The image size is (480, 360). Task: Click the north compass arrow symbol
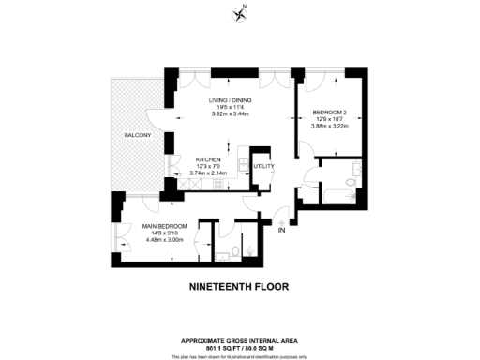(x=240, y=12)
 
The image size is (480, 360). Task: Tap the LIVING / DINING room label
(x=231, y=101)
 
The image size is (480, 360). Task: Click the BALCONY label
(x=137, y=136)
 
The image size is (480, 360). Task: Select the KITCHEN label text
(x=209, y=160)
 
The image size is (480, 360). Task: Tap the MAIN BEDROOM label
(x=165, y=227)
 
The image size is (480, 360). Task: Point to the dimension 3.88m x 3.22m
(x=330, y=127)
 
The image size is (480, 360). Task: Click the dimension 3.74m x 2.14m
(x=209, y=173)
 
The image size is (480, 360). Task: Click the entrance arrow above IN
(x=281, y=221)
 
